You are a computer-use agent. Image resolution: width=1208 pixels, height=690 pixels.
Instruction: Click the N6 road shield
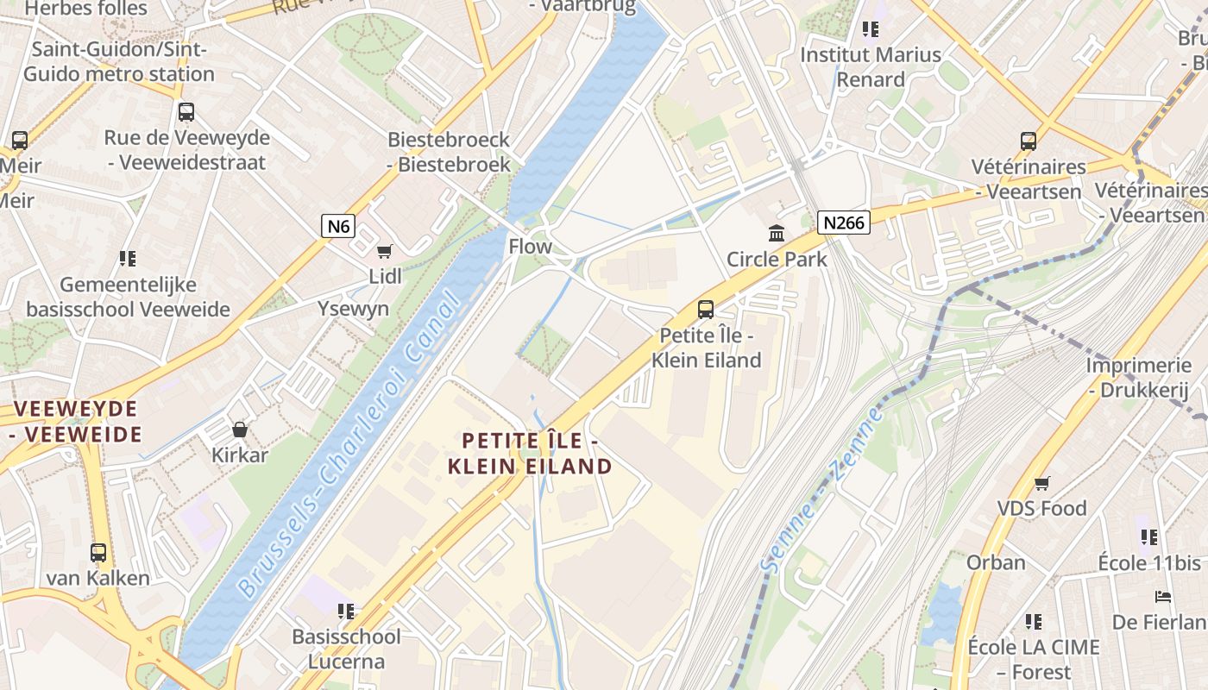pos(338,226)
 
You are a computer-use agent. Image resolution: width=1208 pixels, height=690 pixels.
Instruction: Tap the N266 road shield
pos(843,223)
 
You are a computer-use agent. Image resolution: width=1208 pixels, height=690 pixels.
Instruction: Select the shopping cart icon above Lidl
pos(385,251)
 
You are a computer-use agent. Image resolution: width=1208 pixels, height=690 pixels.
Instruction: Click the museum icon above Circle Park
pos(777,233)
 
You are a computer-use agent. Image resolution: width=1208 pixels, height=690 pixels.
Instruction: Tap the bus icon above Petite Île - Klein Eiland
pos(706,309)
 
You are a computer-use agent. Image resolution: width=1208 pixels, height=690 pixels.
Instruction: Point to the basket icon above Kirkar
pos(240,429)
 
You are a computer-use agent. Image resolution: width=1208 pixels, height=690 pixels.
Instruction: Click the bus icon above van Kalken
pos(98,552)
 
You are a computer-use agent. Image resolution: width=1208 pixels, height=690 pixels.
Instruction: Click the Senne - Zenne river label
pos(821,489)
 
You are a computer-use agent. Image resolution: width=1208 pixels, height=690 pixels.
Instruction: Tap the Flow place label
pos(530,246)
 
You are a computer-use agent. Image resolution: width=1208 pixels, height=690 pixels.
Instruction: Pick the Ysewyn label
pos(353,309)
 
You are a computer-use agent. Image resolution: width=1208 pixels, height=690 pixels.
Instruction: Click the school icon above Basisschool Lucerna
pos(346,612)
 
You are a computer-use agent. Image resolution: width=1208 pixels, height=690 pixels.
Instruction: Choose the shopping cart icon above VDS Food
pos(1041,483)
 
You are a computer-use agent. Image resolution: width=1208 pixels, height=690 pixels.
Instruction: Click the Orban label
pos(996,562)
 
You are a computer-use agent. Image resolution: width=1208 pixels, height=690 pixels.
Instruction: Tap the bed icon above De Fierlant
pos(1162,597)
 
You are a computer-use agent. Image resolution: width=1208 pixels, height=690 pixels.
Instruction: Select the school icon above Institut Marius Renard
pos(870,29)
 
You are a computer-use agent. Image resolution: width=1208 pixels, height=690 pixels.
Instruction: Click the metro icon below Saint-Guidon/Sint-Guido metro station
pos(186,111)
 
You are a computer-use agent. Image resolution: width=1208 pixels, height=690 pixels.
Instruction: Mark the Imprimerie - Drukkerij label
pos(1138,377)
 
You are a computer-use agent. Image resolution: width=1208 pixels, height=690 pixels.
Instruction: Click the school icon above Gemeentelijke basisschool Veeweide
pos(128,258)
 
